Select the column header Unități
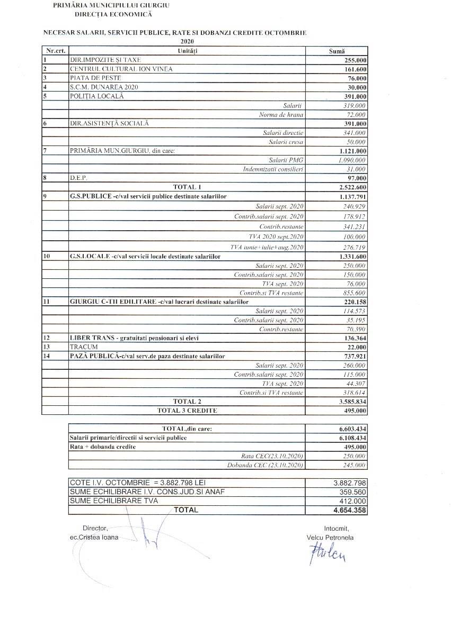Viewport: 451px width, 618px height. tap(188, 51)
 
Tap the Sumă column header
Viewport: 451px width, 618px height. tap(337, 51)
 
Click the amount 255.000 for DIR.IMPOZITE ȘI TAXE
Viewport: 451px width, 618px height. tap(355, 60)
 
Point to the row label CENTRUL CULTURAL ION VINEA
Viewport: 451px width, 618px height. tap(121, 69)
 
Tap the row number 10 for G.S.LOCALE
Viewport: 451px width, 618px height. tap(46, 256)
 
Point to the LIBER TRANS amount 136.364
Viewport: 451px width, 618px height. tap(355, 338)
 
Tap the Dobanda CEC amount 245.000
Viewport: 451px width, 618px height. tap(355, 465)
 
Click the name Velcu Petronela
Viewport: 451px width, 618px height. tap(330, 538)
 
